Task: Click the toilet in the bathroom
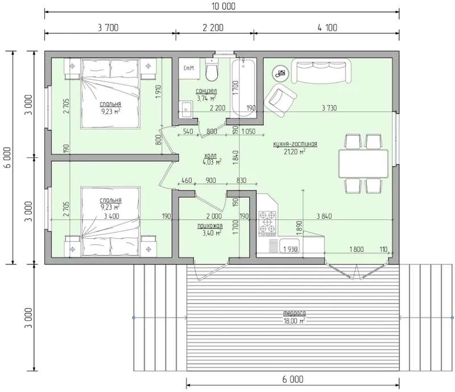[x=211, y=70]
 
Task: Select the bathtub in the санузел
[x=243, y=87]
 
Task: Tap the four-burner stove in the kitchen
[x=267, y=223]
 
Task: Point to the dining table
[x=363, y=164]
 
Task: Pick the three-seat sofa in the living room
[x=321, y=71]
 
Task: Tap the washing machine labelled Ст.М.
[x=189, y=68]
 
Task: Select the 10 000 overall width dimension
[x=223, y=6]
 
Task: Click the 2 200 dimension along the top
[x=213, y=28]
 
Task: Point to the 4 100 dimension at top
[x=328, y=28]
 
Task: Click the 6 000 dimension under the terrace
[x=293, y=379]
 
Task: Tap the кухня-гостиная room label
[x=295, y=144]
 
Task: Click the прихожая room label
[x=210, y=226]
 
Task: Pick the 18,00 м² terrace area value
[x=294, y=321]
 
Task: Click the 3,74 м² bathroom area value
[x=206, y=99]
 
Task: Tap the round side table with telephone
[x=280, y=73]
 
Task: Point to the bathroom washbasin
[x=186, y=109]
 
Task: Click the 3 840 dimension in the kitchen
[x=324, y=216]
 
